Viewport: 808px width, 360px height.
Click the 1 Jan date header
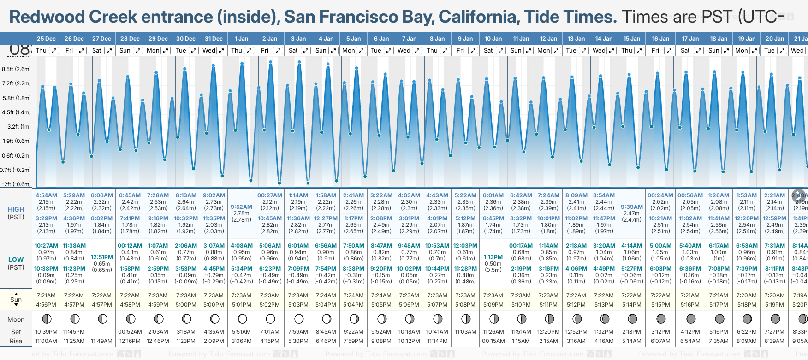(241, 39)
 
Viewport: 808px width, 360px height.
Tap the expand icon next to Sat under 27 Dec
(109, 51)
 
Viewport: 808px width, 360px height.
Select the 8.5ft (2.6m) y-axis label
(17, 69)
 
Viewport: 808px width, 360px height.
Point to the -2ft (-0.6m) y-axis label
(17, 184)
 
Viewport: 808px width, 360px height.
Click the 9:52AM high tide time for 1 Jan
(241, 207)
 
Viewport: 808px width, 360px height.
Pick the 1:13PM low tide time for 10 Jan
(493, 257)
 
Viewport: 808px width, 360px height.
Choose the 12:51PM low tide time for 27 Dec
(102, 257)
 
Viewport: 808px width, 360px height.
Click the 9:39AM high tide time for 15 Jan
(631, 207)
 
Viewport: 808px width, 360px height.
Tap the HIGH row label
(16, 209)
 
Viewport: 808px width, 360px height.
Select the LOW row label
(16, 260)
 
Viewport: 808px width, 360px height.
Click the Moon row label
(16, 319)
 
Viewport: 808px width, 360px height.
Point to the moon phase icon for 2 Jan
(270, 319)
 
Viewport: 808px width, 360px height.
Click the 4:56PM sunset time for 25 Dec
(46, 305)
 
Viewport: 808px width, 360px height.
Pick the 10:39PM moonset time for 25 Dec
(46, 332)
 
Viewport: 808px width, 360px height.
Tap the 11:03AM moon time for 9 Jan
(465, 332)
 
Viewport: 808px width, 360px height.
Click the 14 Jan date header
(604, 39)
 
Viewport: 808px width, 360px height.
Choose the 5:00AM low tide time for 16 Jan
(660, 246)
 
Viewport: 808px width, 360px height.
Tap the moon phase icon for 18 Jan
(719, 319)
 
